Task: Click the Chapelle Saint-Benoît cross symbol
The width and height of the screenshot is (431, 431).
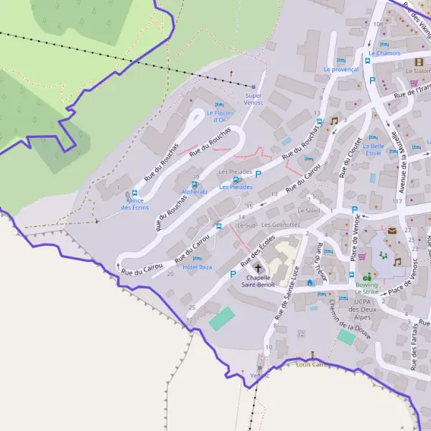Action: (x=259, y=268)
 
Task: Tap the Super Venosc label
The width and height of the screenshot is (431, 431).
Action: (x=253, y=99)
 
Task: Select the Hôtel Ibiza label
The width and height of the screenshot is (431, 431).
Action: (x=198, y=267)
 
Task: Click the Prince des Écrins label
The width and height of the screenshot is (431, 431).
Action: (x=135, y=204)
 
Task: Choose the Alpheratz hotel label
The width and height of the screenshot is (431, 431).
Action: (x=195, y=192)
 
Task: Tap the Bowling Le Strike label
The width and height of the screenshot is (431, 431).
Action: (x=366, y=289)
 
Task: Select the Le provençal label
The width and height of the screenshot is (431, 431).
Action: (x=341, y=70)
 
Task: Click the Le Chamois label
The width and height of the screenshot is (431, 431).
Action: (x=384, y=53)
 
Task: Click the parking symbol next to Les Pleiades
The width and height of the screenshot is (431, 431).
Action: (x=257, y=175)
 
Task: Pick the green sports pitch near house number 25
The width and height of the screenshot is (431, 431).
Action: (x=222, y=318)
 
